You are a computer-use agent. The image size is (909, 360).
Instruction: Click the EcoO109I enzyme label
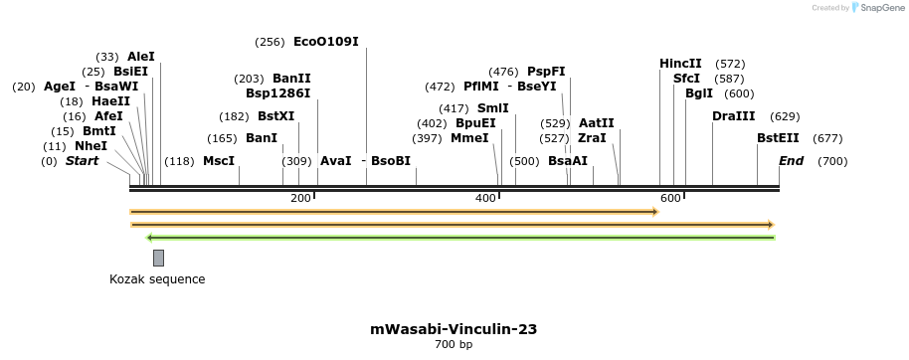(x=325, y=42)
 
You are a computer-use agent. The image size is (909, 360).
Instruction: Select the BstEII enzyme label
(x=778, y=138)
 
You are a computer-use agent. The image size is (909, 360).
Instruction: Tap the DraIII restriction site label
(x=734, y=116)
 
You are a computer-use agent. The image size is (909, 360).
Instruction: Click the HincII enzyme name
(x=680, y=64)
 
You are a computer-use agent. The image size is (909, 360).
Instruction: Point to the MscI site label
(x=219, y=161)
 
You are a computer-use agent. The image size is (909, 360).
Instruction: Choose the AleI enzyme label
(x=141, y=57)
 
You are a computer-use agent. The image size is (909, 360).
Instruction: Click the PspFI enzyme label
(x=546, y=72)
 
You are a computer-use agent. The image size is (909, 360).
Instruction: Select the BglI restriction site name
(x=699, y=93)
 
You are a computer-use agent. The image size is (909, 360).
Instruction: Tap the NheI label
(x=91, y=146)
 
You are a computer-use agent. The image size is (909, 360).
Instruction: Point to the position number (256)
(x=270, y=42)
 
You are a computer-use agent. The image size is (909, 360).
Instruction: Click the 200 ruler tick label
(x=300, y=198)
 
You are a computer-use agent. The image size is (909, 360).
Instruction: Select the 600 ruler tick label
(x=670, y=198)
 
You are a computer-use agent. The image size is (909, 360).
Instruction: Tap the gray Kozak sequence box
(x=158, y=259)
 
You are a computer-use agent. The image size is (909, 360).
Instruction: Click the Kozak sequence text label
(x=157, y=279)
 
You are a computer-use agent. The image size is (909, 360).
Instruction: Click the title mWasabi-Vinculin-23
(x=454, y=329)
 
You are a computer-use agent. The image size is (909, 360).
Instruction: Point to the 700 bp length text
(x=454, y=345)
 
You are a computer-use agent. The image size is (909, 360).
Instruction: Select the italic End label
(x=791, y=161)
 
